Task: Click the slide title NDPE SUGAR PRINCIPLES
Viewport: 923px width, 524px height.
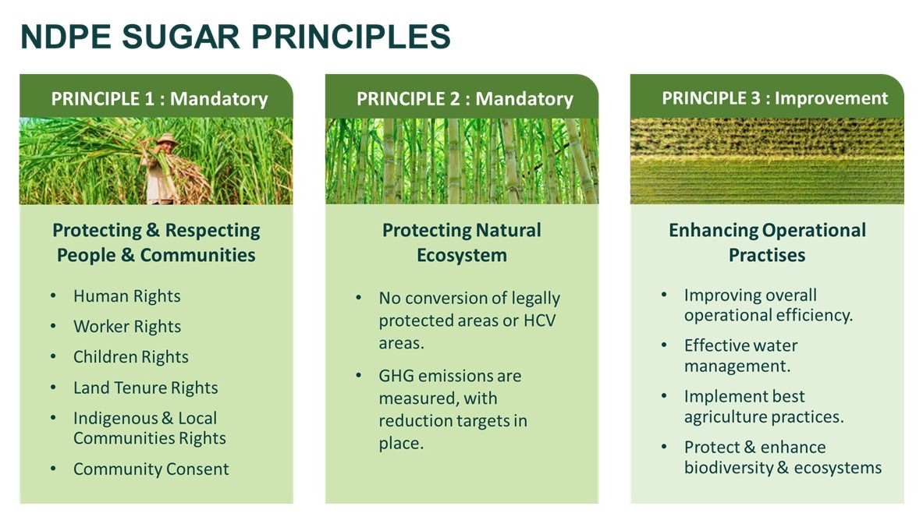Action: [235, 37]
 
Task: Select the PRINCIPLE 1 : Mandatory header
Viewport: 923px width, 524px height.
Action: [159, 99]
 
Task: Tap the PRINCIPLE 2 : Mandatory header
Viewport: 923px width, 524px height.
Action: [464, 99]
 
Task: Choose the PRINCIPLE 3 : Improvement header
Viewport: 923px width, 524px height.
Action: [775, 98]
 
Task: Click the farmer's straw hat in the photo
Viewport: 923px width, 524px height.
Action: [165, 139]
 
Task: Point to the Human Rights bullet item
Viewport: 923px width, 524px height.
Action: [126, 296]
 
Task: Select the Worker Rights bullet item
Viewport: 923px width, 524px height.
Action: [126, 327]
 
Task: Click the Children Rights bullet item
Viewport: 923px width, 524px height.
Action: [130, 357]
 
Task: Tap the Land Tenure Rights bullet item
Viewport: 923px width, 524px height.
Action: [145, 388]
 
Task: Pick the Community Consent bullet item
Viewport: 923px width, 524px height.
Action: [151, 469]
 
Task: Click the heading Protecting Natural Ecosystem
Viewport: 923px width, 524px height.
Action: [461, 243]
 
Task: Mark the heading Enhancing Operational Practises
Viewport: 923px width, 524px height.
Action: [767, 243]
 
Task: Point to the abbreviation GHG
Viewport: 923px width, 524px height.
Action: [396, 376]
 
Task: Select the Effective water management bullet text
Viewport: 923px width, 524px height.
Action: [740, 356]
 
